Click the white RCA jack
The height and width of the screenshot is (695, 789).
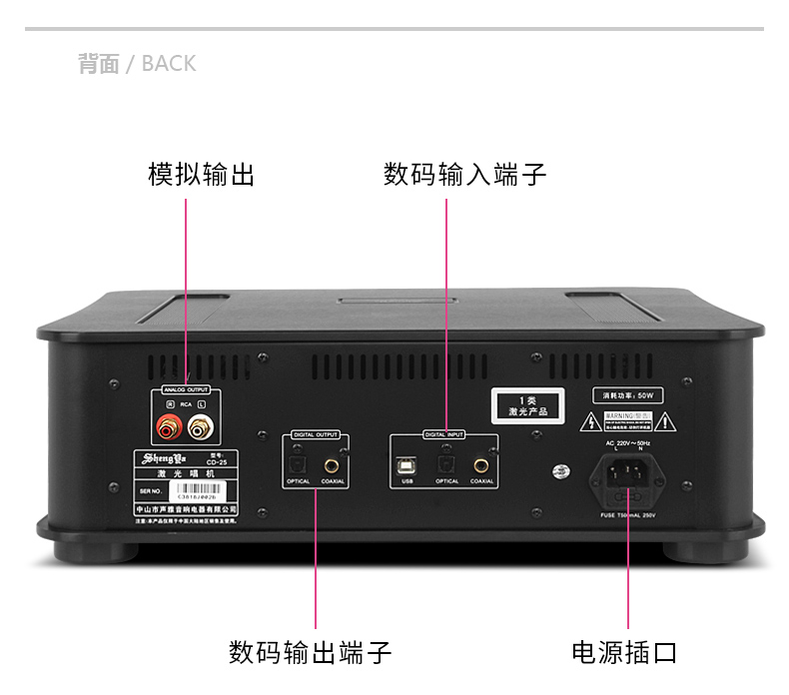(x=201, y=430)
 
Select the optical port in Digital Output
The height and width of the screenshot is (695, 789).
(x=298, y=463)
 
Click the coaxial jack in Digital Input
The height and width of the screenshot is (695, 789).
(x=481, y=463)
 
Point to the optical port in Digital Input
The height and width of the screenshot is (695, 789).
(x=446, y=463)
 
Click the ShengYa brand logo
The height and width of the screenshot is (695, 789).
(x=159, y=460)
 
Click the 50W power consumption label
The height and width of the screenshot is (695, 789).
(x=626, y=394)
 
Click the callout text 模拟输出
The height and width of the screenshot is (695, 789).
(x=201, y=175)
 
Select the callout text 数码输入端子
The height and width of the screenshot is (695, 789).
(x=464, y=175)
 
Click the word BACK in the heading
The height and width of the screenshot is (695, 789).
(x=169, y=64)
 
